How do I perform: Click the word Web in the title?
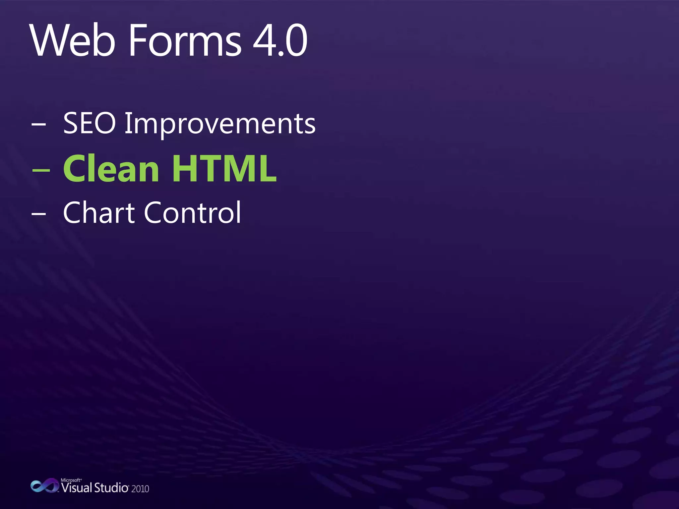(73, 41)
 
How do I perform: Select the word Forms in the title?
(185, 41)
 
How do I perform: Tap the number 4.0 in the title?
(280, 41)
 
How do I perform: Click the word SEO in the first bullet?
(89, 123)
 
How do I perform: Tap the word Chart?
(99, 212)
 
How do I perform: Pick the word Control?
(193, 212)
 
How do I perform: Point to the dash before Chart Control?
(39, 214)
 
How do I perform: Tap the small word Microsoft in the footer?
(71, 480)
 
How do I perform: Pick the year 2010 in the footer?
(140, 489)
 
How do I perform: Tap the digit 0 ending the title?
(296, 41)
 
